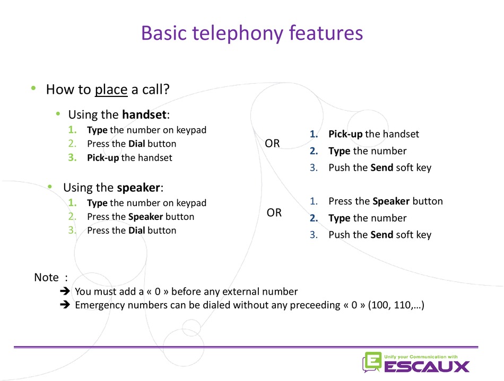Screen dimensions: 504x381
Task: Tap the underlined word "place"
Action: click(111, 90)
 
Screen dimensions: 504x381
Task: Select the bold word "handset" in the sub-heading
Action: click(144, 114)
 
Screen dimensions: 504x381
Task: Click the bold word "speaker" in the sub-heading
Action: click(138, 188)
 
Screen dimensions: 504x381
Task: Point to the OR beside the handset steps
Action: click(272, 144)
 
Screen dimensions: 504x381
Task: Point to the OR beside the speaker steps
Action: click(274, 212)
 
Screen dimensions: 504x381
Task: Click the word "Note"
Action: click(47, 277)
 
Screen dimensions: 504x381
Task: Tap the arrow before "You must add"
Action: click(65, 291)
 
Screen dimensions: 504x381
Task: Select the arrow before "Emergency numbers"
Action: click(65, 305)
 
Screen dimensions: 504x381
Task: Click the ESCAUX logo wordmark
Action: click(427, 366)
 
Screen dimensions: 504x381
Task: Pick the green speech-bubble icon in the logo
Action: click(372, 362)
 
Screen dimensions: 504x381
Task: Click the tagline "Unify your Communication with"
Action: click(421, 357)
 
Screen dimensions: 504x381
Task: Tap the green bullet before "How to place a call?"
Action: click(33, 88)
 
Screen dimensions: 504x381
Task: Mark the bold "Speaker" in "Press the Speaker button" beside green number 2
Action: click(145, 217)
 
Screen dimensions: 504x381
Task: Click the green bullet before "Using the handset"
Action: click(58, 113)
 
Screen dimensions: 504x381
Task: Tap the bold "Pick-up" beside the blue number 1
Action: click(345, 135)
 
